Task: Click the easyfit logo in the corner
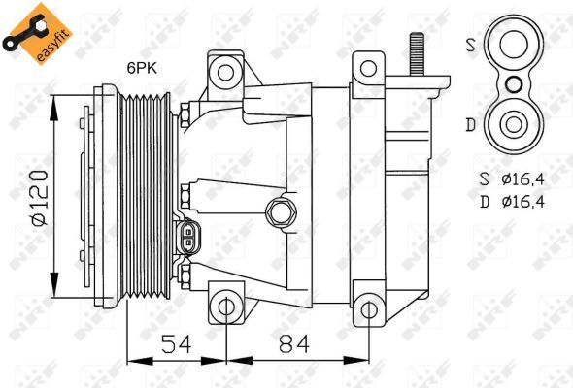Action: pyautogui.click(x=27, y=29)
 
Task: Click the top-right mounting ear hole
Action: pyautogui.click(x=367, y=69)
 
